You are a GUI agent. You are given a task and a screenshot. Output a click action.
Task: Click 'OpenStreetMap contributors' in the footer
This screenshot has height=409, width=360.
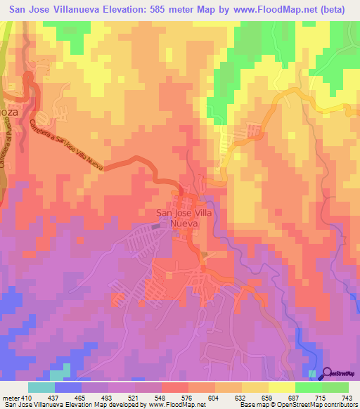(318, 404)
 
